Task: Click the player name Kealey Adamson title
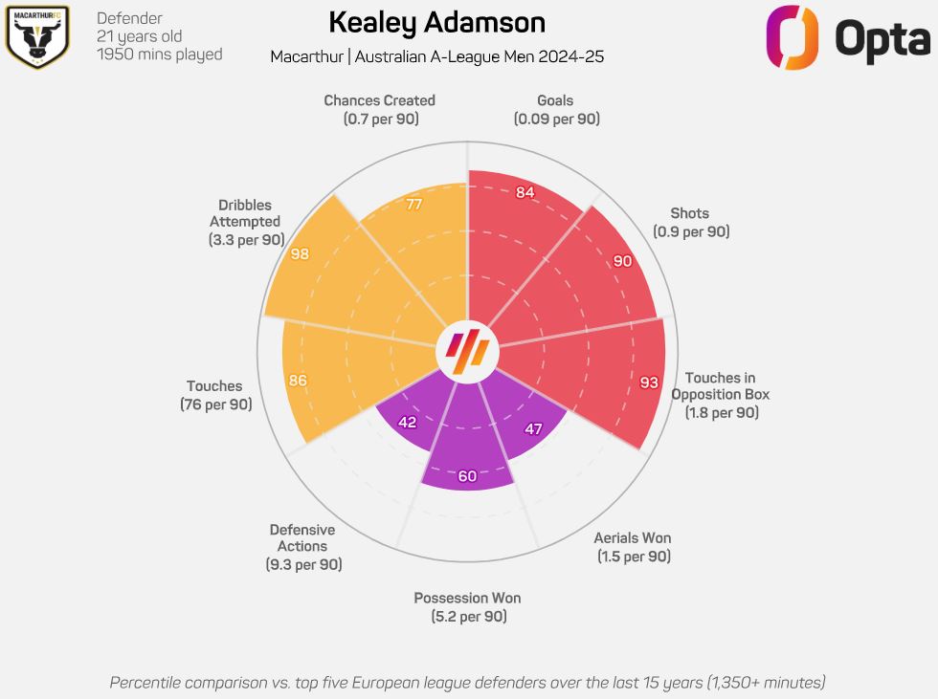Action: point(436,22)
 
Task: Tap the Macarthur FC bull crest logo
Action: point(37,36)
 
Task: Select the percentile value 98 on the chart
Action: point(300,253)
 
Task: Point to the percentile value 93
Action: point(649,382)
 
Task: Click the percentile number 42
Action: point(407,422)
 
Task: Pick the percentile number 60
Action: point(467,476)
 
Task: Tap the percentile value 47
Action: point(534,429)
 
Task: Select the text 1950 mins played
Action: point(160,55)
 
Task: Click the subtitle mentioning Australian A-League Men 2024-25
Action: point(436,57)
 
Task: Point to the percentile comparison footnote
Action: point(467,682)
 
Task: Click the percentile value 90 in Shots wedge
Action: point(622,261)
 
